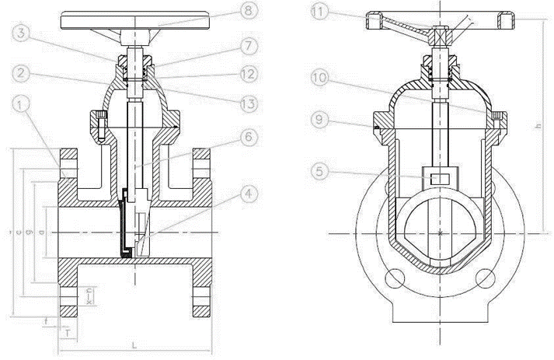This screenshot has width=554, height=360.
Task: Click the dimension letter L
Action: tap(134, 343)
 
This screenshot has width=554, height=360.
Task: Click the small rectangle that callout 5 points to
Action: tap(440, 179)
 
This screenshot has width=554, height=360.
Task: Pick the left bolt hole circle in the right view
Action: tap(395, 278)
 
